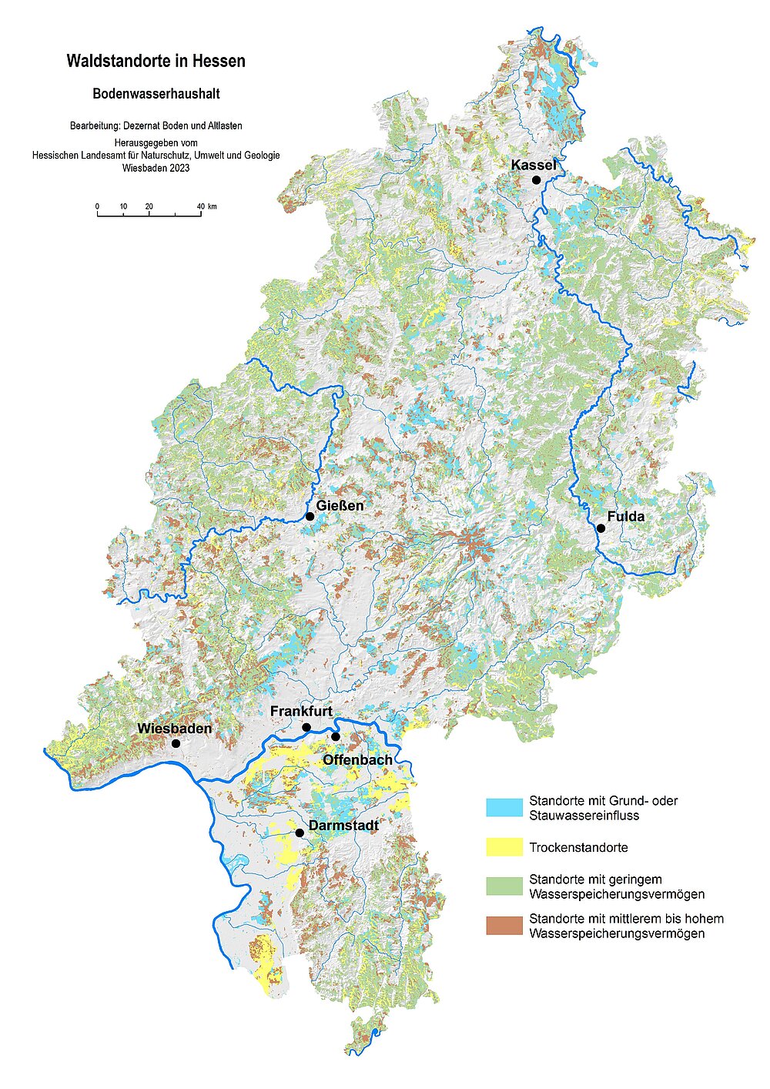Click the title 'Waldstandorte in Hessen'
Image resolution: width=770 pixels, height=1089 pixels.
click(x=156, y=62)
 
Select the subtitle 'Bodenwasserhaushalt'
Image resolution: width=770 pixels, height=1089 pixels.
click(x=156, y=94)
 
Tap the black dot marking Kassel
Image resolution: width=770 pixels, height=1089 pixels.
click(x=536, y=179)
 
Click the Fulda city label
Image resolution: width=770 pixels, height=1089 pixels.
click(x=625, y=516)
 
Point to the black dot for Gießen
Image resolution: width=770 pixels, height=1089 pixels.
click(x=310, y=516)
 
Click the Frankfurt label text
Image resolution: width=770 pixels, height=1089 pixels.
click(x=301, y=711)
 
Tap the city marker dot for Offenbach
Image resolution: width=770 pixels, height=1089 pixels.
click(x=336, y=737)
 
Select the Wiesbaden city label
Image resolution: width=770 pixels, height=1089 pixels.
click(x=174, y=728)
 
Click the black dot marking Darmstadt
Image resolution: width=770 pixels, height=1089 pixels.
click(x=300, y=833)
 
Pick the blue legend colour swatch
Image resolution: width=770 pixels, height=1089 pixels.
click(x=504, y=807)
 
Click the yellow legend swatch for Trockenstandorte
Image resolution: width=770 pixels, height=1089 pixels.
click(x=504, y=847)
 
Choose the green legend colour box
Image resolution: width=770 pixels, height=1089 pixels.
click(x=504, y=886)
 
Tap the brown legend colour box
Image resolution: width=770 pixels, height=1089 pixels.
click(x=504, y=926)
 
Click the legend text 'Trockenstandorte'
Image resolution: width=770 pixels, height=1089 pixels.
click(x=578, y=847)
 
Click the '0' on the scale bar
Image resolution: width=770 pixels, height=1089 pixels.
click(x=97, y=206)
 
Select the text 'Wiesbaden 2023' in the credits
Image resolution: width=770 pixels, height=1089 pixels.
click(x=156, y=167)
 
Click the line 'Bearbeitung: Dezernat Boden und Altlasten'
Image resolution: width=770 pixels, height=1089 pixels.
click(x=156, y=126)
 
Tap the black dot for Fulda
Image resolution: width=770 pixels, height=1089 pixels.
click(x=601, y=528)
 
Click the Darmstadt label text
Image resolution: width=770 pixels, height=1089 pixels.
click(x=343, y=826)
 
